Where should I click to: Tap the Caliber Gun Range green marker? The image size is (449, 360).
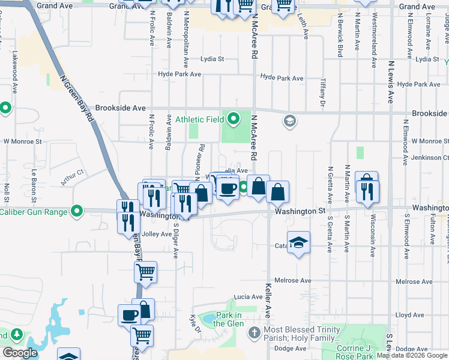[76, 211]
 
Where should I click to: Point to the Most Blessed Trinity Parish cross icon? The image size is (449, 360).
[254, 331]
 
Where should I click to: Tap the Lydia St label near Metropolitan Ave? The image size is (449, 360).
[212, 59]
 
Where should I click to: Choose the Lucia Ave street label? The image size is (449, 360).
[249, 296]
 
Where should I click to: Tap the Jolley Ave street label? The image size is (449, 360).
[157, 234]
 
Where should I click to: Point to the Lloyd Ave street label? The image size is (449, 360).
[410, 315]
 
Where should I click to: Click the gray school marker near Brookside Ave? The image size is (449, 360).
[289, 122]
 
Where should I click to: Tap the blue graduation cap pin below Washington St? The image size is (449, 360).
[298, 242]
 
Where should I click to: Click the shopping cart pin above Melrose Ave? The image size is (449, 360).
[146, 272]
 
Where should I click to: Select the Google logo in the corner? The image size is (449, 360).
[20, 353]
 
